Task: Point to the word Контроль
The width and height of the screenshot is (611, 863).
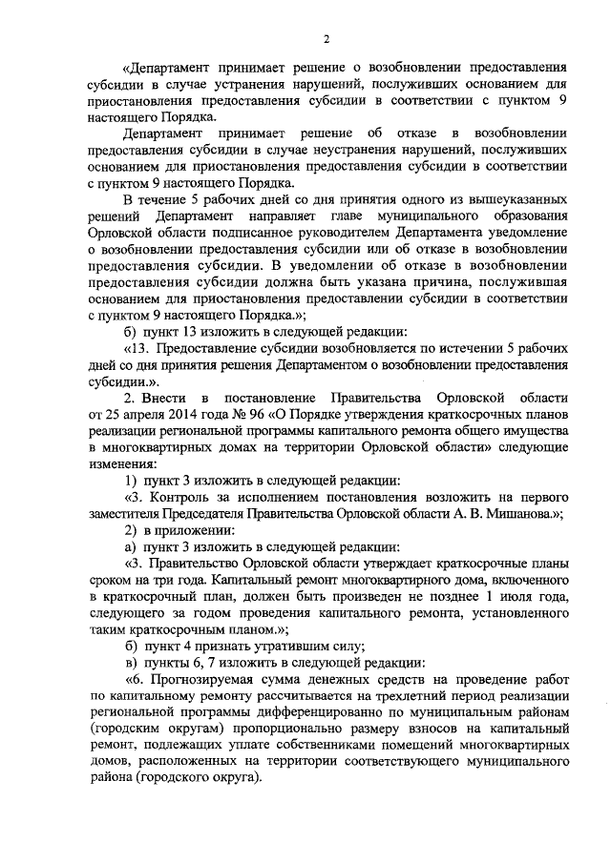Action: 179,497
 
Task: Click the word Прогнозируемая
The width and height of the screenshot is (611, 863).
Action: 198,680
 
